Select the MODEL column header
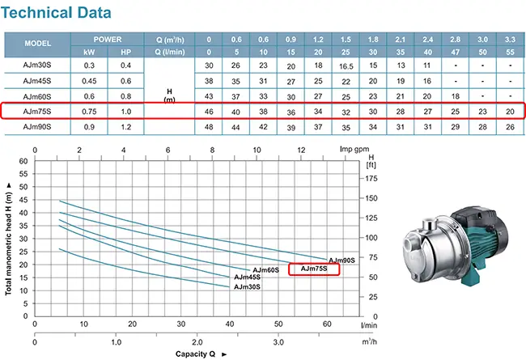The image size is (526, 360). point(38,44)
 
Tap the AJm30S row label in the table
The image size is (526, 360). point(38,65)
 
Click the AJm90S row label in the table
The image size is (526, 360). point(38,127)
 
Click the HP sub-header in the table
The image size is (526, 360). point(125,50)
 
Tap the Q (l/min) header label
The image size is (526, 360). point(169,50)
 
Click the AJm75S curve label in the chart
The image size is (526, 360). point(313,269)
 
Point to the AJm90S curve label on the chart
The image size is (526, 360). point(341,260)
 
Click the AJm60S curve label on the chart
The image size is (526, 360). point(265,270)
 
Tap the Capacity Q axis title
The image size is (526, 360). point(196,354)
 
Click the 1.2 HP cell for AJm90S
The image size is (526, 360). point(125,127)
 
